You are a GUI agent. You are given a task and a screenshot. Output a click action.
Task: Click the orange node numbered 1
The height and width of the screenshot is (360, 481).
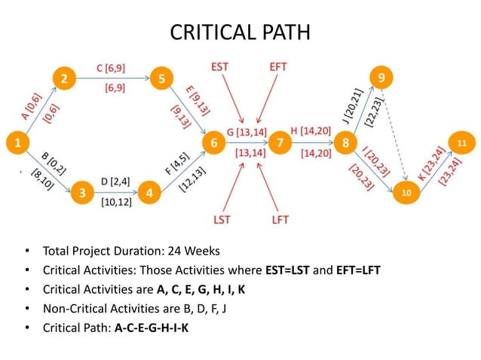coord(16,142)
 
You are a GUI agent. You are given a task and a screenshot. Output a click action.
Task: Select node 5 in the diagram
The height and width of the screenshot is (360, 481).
coord(161,78)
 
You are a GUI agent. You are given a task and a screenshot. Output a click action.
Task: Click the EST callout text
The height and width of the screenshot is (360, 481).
coord(219,68)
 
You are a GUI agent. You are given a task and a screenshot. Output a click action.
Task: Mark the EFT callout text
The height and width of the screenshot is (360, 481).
coord(277,68)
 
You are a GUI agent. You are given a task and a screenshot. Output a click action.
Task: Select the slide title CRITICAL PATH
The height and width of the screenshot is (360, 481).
coord(240,32)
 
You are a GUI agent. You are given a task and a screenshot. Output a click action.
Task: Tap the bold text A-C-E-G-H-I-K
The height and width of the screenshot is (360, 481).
coord(152,328)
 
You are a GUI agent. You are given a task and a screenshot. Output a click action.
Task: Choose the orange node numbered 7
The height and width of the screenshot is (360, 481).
coord(280,142)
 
